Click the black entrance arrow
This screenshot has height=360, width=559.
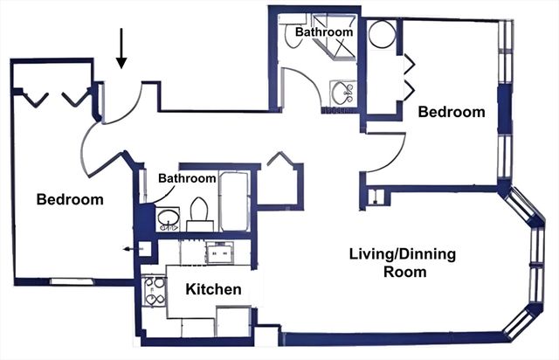[121, 49]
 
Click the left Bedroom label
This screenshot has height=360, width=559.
[70, 199]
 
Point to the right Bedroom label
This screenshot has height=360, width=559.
[451, 112]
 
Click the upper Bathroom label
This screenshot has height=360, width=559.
[324, 31]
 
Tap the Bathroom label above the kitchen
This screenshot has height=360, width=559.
[187, 178]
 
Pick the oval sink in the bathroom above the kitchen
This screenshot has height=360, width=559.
[168, 218]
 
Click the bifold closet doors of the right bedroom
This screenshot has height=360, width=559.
[409, 77]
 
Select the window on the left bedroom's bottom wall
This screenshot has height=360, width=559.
[66, 281]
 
